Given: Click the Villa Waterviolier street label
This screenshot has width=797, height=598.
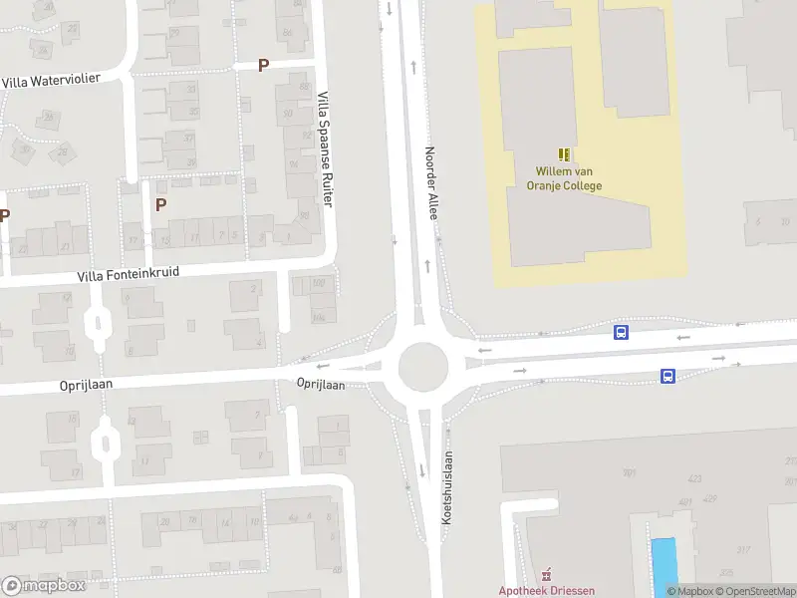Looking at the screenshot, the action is (52, 80).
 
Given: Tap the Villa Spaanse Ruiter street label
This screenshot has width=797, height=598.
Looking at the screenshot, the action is (324, 149).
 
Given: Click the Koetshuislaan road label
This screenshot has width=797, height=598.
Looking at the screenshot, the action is (447, 487).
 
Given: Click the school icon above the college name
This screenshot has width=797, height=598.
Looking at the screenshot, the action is (565, 154).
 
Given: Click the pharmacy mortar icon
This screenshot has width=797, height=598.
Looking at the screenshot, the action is (545, 575).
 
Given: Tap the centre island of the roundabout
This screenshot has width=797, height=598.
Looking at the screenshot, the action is (422, 367).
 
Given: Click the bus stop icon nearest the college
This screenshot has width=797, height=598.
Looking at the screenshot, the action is (621, 333).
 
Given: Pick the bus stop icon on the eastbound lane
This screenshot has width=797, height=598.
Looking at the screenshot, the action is (667, 376).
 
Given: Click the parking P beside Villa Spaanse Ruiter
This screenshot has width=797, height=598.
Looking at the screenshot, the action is (263, 66).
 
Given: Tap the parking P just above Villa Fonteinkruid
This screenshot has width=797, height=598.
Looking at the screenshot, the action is (160, 204).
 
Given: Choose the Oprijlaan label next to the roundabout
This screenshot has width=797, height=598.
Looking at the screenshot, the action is (321, 384).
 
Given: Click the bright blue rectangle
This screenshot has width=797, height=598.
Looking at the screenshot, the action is (663, 560).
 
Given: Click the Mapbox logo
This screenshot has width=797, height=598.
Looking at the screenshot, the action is (44, 586).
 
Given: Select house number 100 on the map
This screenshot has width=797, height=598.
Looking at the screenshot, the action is (319, 284).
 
